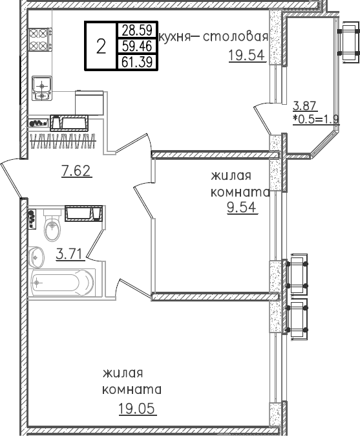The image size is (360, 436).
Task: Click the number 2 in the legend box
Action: (101, 46)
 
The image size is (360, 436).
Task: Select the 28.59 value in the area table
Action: (136, 30)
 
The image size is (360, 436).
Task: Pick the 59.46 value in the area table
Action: (136, 46)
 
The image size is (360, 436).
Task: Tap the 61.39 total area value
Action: (136, 61)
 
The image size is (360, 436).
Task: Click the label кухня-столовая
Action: (213, 37)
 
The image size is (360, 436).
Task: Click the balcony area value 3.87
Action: (304, 107)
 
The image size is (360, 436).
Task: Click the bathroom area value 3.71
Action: (69, 254)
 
